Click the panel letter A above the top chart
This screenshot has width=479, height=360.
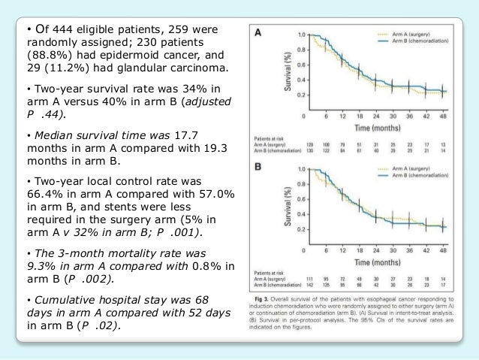[258, 33]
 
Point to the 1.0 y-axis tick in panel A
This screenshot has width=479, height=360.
[300, 35]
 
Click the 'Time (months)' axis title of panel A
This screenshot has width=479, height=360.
[375, 128]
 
